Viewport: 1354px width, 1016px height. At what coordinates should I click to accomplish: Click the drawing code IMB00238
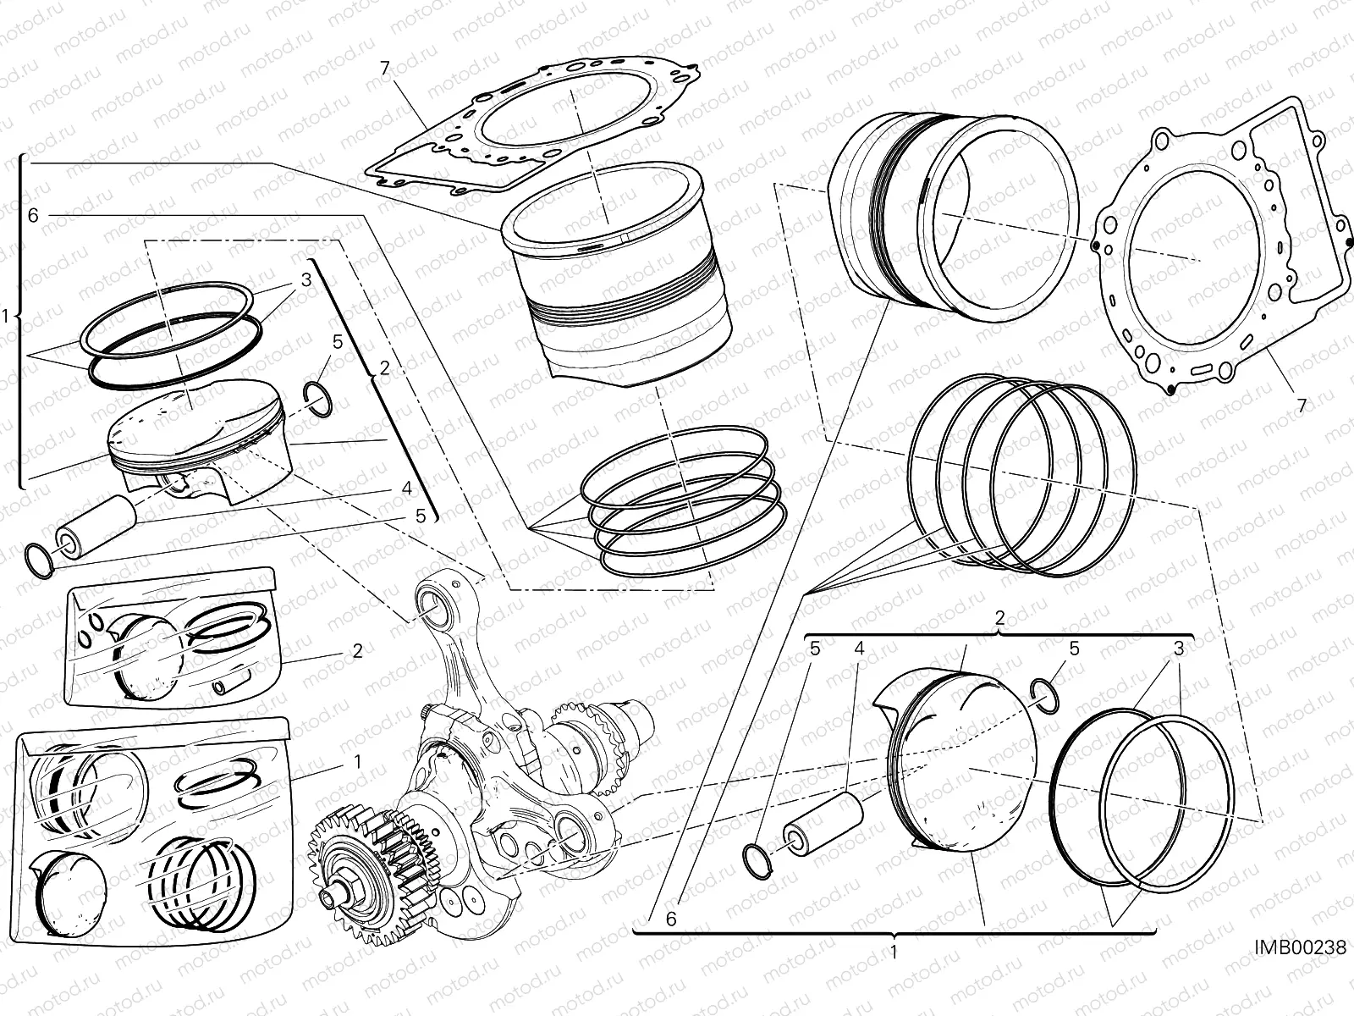(x=1301, y=971)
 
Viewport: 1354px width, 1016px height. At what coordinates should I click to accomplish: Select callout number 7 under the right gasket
(x=1302, y=406)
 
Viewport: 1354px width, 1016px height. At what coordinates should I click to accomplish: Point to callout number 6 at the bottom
(x=671, y=919)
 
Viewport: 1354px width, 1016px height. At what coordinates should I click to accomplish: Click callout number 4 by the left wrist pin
(x=406, y=489)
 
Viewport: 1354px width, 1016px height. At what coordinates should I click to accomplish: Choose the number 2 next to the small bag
(x=357, y=651)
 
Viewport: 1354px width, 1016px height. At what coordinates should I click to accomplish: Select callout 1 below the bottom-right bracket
(x=894, y=952)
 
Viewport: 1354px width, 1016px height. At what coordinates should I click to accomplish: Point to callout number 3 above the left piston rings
(x=305, y=279)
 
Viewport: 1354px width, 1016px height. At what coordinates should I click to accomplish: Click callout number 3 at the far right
(x=1177, y=650)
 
